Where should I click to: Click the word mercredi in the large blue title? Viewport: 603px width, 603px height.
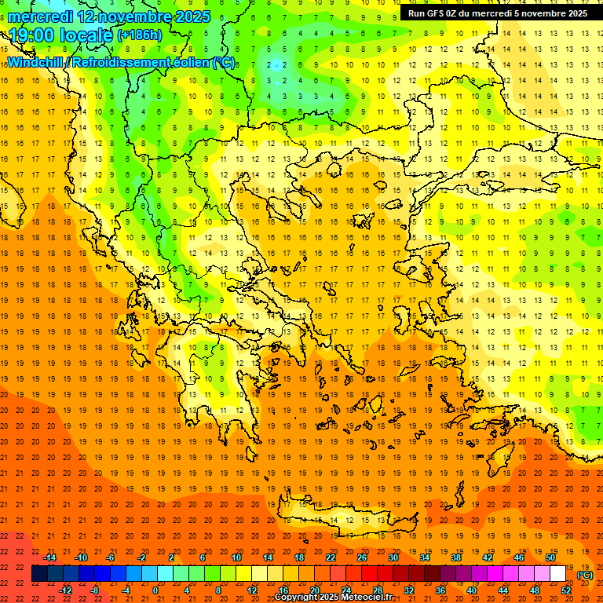tap(40, 16)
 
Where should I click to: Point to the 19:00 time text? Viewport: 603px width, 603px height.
tap(34, 35)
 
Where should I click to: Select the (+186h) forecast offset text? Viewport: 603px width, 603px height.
tap(140, 35)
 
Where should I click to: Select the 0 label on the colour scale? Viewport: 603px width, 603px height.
tap(155, 590)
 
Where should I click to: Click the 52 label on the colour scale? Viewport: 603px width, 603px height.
tap(566, 590)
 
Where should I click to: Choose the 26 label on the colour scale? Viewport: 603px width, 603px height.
tap(362, 557)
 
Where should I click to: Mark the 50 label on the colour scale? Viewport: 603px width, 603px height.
tap(550, 557)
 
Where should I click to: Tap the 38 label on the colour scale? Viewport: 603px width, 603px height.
tap(456, 557)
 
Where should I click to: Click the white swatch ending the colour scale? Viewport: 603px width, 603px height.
tap(558, 574)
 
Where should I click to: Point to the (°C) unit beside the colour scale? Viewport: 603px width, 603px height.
tap(585, 575)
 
